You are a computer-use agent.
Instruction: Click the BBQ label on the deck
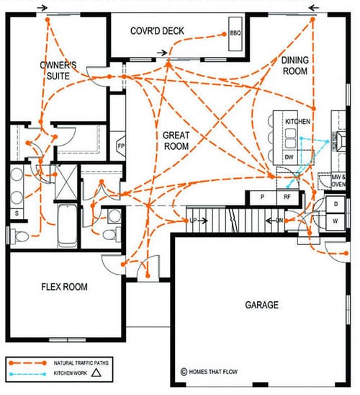pos(235,33)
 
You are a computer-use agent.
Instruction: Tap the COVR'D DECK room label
pos(157,31)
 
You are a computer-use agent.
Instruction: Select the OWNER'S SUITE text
pos(58,71)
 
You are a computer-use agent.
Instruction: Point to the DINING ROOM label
pos(295,66)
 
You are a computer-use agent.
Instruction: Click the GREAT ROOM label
pos(176,141)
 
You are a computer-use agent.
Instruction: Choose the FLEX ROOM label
pos(64,287)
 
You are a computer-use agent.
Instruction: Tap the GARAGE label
pos(262,305)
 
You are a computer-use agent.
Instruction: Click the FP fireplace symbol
pos(121,146)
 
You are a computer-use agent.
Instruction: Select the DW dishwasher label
pos(289,157)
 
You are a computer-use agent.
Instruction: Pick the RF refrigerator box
pos(287,197)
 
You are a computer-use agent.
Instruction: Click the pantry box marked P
pos(262,197)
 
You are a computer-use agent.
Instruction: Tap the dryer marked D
pos(336,204)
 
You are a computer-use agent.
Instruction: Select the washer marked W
pos(336,221)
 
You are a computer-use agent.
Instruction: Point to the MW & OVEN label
pos(338,181)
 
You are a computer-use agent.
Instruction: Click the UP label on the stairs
pos(193,221)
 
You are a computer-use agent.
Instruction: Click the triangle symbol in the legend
pos(96,373)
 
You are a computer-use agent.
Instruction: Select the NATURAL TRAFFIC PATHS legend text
pos(81,363)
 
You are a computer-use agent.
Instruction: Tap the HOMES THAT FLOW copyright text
pos(209,371)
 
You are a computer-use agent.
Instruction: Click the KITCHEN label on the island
pos(297,121)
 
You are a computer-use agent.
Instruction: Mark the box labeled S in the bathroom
pos(17,213)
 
